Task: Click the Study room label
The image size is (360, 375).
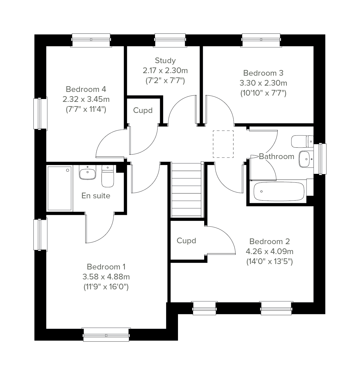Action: click(165, 61)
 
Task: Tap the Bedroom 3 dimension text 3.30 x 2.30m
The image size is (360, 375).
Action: click(263, 83)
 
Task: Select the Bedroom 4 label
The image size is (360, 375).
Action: click(86, 89)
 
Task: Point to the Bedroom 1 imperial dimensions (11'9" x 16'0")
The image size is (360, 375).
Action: click(106, 287)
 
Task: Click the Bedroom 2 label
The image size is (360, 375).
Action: click(270, 242)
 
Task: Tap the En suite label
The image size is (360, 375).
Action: click(96, 196)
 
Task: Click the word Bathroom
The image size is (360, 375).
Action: click(277, 156)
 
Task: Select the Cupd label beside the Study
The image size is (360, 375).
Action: click(143, 110)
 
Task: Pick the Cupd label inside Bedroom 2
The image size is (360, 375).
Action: click(186, 241)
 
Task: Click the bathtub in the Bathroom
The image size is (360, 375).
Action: click(279, 192)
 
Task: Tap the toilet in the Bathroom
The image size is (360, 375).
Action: click(302, 141)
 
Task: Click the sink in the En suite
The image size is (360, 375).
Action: click(88, 172)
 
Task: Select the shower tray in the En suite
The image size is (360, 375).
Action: click(59, 188)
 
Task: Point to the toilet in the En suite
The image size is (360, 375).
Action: click(108, 176)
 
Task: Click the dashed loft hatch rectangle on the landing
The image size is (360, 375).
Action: click(223, 144)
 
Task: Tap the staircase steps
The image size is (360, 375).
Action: click(187, 190)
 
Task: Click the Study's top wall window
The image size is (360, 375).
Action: click(170, 40)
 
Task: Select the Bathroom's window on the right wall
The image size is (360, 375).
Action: click(320, 159)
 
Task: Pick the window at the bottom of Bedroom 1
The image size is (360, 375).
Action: click(106, 335)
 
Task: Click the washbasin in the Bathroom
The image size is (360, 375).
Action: click(306, 159)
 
